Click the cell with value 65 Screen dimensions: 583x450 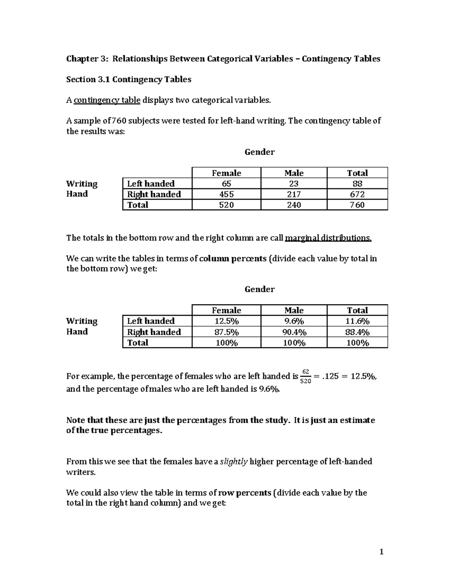pos(226,184)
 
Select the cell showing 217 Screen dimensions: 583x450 pos(294,194)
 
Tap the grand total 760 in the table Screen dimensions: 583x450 pos(357,205)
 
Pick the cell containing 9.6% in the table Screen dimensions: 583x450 pos(294,321)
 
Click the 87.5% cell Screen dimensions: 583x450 pos(226,332)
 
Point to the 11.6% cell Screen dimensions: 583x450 pos(357,321)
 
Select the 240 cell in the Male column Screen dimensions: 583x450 pos(294,205)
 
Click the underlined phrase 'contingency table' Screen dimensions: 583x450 pos(107,100)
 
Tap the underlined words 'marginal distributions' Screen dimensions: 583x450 pos(328,238)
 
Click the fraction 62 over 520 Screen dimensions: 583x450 pos(306,377)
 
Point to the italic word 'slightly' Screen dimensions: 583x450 pos(234,461)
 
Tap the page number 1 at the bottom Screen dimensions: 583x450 pos(381,552)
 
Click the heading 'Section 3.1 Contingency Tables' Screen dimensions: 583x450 pos(129,79)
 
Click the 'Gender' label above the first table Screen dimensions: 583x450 pos(259,152)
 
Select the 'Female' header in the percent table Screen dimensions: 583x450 pos(226,310)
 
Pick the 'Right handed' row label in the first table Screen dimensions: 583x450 pos(154,194)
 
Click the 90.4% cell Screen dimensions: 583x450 pos(294,332)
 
